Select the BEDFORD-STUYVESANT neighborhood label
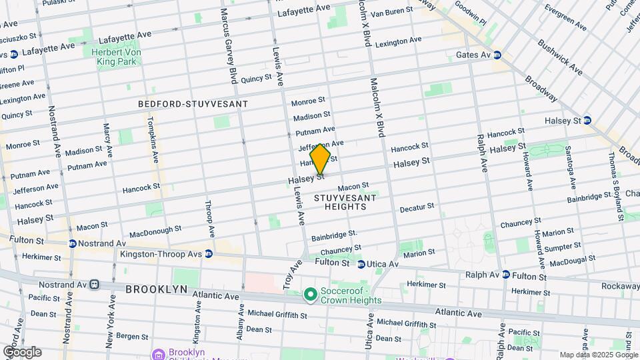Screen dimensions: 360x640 click(193, 104)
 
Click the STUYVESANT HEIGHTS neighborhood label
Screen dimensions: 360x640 click(340, 202)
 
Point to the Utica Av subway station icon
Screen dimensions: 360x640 click(361, 265)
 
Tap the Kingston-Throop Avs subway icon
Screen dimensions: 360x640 click(209, 254)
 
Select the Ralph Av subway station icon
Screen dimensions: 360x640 click(506, 275)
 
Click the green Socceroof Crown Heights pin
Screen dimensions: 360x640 click(310, 294)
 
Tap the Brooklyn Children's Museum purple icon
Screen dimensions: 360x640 click(157, 353)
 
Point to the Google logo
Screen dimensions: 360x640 click(21, 352)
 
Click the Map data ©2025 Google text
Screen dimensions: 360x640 click(598, 355)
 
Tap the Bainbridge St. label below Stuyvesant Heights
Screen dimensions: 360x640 click(334, 235)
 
